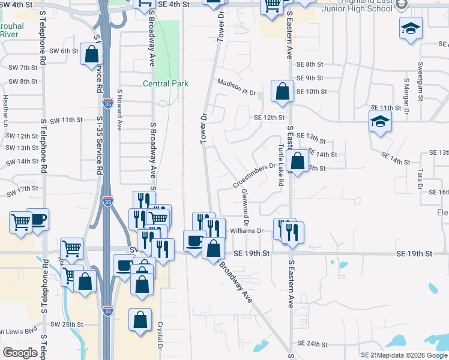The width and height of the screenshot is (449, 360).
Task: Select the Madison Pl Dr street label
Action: pos(237,88)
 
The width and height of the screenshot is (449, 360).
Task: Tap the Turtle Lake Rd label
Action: pos(280,164)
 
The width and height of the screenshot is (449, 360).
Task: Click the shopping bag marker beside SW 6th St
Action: pos(91,55)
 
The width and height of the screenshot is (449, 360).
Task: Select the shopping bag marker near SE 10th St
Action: pos(282,92)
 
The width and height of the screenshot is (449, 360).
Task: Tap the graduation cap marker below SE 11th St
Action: pos(379,123)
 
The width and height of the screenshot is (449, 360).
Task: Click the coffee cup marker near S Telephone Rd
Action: pos(37,220)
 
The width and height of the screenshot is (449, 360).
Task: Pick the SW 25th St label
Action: pos(66,325)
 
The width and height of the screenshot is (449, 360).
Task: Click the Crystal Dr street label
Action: pos(160,336)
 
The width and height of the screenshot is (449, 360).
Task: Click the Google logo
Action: pos(20,353)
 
